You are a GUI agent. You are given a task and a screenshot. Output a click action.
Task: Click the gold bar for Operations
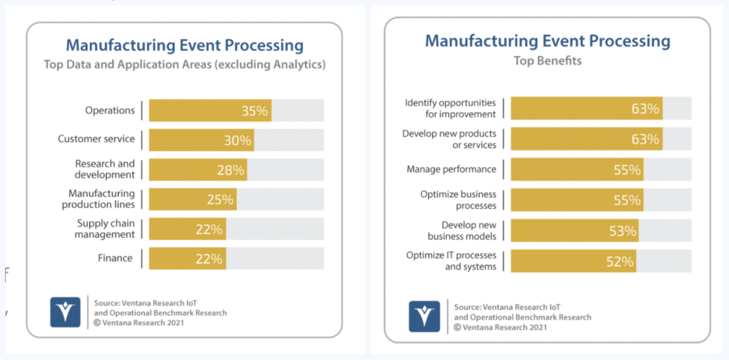click(209, 111)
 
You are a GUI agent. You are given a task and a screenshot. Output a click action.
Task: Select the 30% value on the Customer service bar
click(238, 141)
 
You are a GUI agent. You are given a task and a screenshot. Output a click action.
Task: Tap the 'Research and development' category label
click(104, 169)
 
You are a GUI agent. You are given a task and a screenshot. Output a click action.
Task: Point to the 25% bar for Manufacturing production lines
click(192, 200)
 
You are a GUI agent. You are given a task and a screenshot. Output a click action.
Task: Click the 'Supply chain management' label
click(105, 229)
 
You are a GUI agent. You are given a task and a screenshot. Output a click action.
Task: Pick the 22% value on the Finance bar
click(209, 258)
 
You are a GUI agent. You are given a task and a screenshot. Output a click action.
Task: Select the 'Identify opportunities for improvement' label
click(450, 108)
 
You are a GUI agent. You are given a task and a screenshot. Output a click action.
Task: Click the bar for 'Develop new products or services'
click(586, 139)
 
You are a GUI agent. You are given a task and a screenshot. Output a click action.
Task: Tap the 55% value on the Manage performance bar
click(627, 170)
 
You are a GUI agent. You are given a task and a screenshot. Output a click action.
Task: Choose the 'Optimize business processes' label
click(458, 200)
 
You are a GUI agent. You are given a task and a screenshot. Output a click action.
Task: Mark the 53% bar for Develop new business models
click(574, 231)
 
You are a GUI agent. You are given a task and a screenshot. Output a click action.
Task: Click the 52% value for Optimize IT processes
click(620, 261)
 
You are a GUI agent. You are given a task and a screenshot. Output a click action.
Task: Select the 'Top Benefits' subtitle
click(547, 61)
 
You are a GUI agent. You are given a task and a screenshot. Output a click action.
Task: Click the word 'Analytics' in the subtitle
click(299, 64)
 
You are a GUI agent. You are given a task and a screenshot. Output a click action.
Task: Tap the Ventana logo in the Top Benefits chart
click(424, 316)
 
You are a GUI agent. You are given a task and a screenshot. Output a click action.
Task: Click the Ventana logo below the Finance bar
click(65, 312)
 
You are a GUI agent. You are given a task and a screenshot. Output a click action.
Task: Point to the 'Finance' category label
click(115, 258)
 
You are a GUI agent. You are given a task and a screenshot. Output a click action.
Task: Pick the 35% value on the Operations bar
click(255, 111)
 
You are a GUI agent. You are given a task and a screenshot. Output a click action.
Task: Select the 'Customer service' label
click(96, 139)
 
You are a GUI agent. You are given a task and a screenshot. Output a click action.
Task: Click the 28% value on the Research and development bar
click(230, 170)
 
